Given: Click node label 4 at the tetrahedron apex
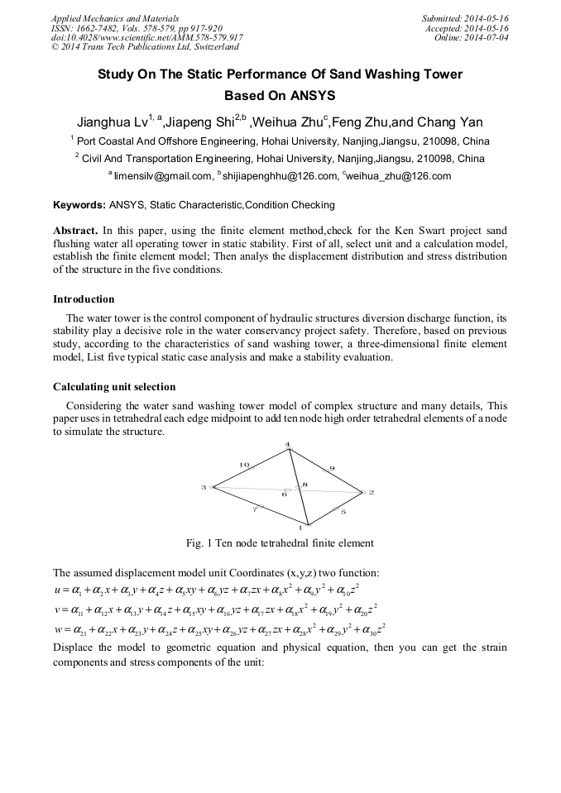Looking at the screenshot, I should (x=288, y=446).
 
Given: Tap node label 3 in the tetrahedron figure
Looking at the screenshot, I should (x=203, y=487).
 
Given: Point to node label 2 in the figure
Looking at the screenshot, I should (x=372, y=492).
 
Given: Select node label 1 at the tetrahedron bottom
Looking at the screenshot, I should (x=300, y=528).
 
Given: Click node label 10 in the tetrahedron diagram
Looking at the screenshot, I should (x=244, y=465).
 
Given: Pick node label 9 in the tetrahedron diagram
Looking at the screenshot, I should (x=332, y=469).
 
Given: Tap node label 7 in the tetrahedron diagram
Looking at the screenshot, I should (x=254, y=510).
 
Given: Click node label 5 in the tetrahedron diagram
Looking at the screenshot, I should (x=343, y=512).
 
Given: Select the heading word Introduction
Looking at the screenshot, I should (x=84, y=299).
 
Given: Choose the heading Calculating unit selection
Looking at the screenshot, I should (x=114, y=386).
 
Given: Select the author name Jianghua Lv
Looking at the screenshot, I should (x=112, y=122).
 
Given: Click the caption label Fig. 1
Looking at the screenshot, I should (x=200, y=543).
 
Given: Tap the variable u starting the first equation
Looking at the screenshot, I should (x=56, y=589).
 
